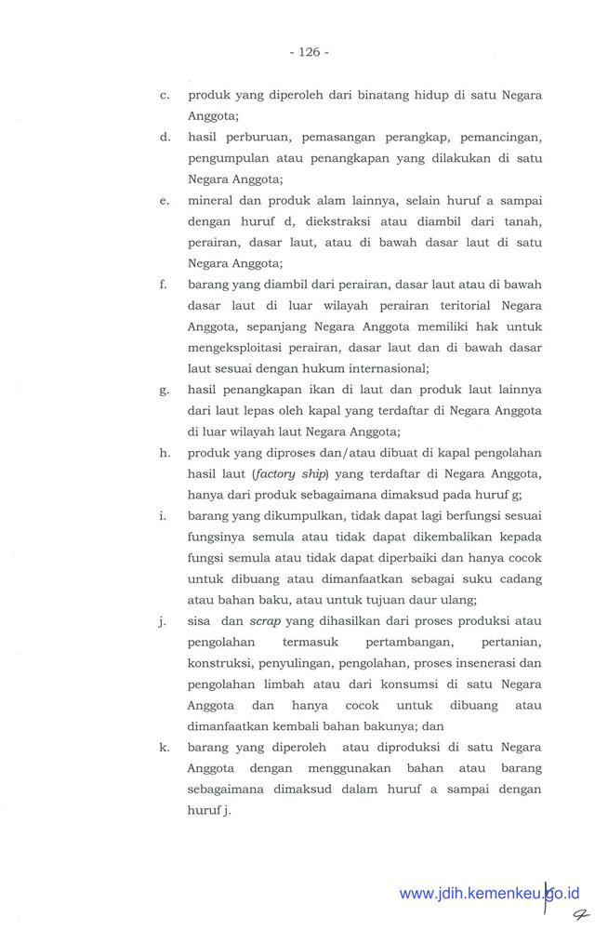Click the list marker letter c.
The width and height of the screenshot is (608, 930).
coord(164,96)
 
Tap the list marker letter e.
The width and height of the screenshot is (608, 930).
coord(164,201)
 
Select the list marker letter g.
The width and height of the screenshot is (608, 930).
coord(164,391)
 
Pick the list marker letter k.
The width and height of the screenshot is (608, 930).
coord(164,747)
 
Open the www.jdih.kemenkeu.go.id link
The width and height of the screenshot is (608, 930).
coord(488,894)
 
